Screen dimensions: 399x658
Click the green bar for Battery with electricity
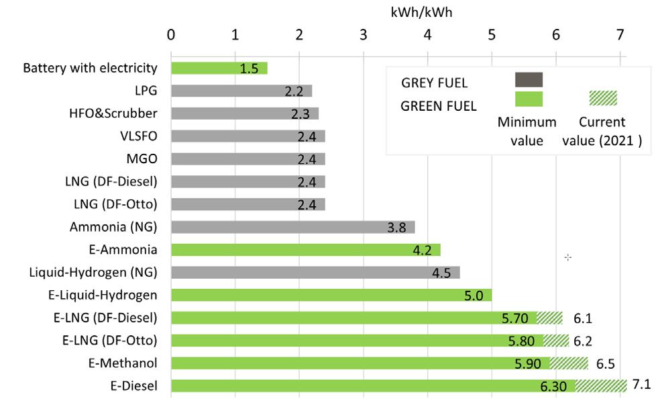[208, 68]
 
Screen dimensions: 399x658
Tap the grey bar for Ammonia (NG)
[282, 227]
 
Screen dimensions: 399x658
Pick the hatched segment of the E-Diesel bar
[601, 386]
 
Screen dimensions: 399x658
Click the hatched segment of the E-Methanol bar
[569, 363]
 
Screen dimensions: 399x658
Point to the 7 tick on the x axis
[620, 35]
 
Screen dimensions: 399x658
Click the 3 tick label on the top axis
[363, 35]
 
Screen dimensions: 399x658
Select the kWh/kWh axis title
[422, 12]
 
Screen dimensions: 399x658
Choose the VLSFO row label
[139, 136]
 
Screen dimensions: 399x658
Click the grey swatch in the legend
[529, 80]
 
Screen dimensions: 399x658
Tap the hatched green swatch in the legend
[603, 98]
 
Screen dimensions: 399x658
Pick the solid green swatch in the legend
[529, 99]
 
